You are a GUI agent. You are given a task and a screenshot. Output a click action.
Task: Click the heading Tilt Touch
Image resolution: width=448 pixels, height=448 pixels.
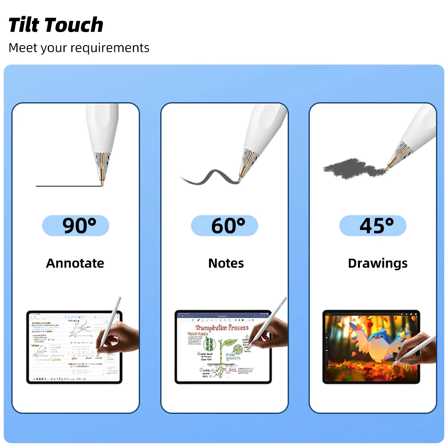pos(56,25)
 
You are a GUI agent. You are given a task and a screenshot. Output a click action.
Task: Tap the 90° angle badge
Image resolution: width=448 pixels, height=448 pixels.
pos(76,225)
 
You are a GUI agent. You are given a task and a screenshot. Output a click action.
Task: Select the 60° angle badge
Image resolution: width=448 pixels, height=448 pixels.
pos(224,225)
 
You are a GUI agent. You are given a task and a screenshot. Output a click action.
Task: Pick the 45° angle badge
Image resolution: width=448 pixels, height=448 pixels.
pos(373,225)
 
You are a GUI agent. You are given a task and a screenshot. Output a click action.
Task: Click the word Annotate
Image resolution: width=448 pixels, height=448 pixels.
pos(75,263)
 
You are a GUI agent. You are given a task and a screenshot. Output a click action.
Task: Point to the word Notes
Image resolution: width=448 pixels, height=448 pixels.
pos(226,263)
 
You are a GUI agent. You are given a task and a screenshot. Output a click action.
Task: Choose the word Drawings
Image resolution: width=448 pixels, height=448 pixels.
pos(377,263)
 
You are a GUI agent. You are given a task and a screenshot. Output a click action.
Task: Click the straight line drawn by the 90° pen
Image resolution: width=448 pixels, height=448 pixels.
pos(67,186)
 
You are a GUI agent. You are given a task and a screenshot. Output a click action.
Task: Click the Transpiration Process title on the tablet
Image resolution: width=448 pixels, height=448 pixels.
pos(222,328)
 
